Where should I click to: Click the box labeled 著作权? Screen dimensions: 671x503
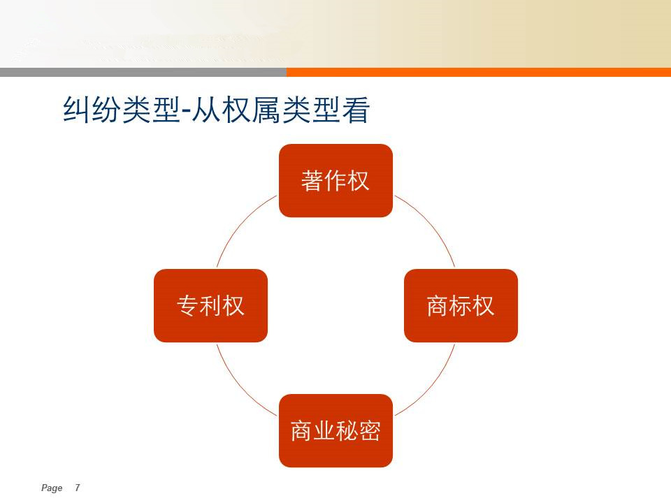pos(335,180)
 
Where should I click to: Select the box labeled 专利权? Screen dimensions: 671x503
pos(210,305)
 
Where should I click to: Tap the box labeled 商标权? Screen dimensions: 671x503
pos(461,305)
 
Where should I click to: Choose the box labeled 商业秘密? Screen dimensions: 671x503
pos(335,430)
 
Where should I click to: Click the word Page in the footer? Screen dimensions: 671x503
pos(52,488)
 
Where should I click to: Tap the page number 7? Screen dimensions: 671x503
pos(78,488)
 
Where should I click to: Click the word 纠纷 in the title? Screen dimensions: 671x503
pos(92,110)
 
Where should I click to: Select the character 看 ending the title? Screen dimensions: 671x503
pos(356,110)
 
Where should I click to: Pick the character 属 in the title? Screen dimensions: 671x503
pos(266,110)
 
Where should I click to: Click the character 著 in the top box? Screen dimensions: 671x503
pos(312,180)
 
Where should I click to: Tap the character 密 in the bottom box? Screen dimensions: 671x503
pos(370,431)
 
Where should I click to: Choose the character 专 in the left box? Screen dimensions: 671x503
pos(187,305)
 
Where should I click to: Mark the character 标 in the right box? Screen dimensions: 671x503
pos(461,305)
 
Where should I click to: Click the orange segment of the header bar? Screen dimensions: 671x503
pos(479,72)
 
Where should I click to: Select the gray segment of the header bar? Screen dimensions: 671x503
pos(143,72)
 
